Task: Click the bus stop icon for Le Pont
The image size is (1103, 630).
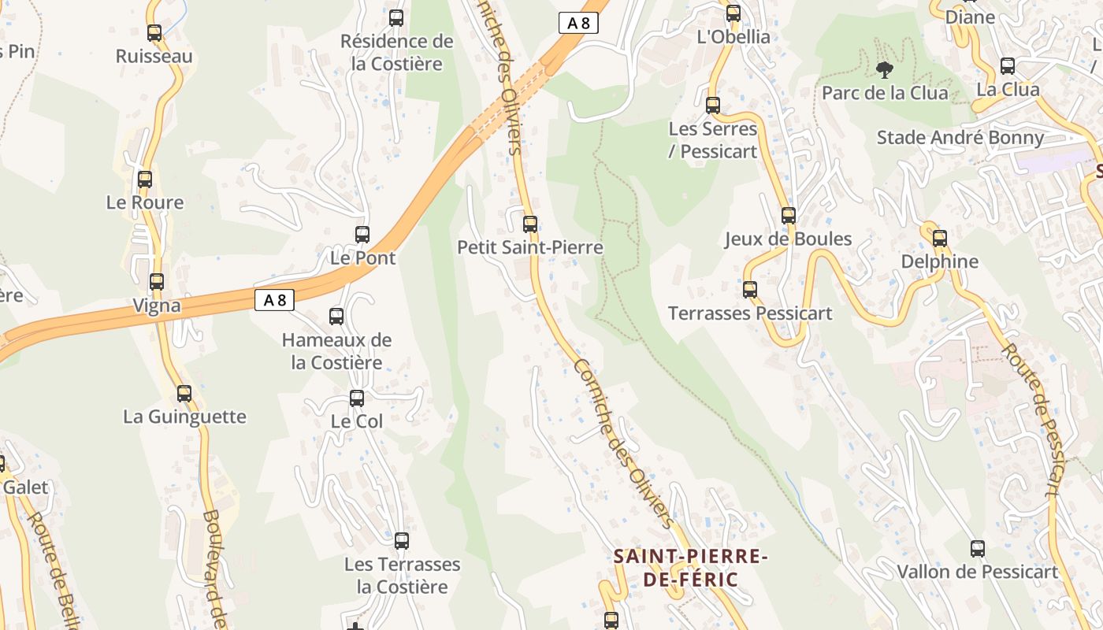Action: tap(362, 235)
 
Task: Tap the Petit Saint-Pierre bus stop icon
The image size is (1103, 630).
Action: tap(530, 224)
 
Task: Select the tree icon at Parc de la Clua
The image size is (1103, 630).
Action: tap(885, 70)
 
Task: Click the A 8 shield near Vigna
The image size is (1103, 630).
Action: tap(274, 300)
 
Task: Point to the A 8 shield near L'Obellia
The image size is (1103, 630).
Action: tap(578, 23)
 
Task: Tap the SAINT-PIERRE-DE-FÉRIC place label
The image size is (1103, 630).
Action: tap(691, 569)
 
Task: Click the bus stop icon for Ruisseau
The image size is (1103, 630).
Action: tap(154, 33)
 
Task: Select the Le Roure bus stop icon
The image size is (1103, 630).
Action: tap(145, 180)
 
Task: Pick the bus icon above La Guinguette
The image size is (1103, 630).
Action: tap(184, 393)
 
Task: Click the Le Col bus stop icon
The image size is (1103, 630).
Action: tap(357, 398)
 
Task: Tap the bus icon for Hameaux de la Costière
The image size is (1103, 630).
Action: tap(336, 317)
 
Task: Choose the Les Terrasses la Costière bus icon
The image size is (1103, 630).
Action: tap(402, 541)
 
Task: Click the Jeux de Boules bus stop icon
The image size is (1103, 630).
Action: tap(789, 216)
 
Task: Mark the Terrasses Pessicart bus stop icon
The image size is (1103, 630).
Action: tap(750, 290)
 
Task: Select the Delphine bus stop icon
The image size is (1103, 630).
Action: tap(940, 239)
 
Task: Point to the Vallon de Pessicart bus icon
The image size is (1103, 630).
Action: tap(978, 549)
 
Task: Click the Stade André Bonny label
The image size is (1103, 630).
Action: tap(960, 138)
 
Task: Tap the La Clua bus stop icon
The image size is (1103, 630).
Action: tap(1008, 66)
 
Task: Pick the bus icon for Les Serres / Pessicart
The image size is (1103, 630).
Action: tap(713, 106)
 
